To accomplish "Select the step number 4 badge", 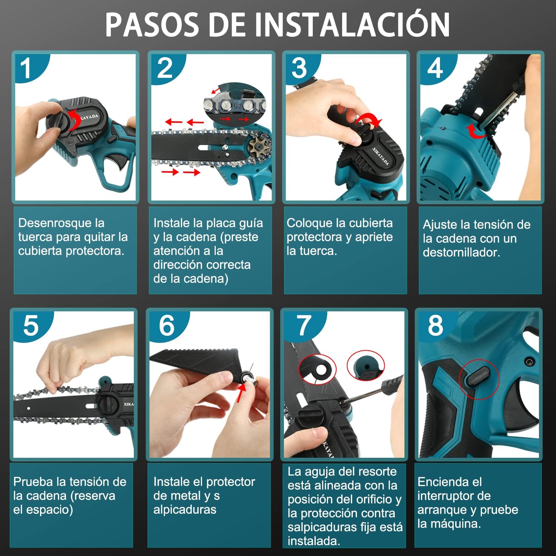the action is pyautogui.click(x=436, y=68).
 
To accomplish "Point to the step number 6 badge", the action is pyautogui.click(x=167, y=325).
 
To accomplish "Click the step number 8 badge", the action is pyautogui.click(x=436, y=325).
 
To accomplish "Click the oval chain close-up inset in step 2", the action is pyautogui.click(x=235, y=105).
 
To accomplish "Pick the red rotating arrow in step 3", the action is pyautogui.click(x=370, y=120).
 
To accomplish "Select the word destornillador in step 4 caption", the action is pyautogui.click(x=461, y=252).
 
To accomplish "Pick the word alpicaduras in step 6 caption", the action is pyautogui.click(x=185, y=510).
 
